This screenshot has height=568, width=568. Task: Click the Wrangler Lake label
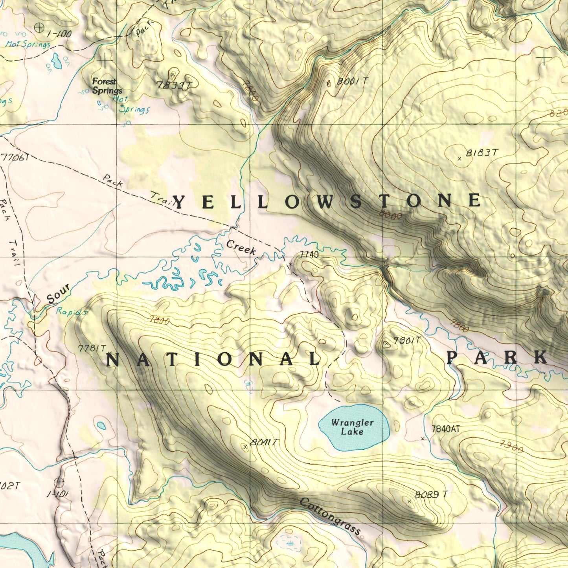pyautogui.click(x=352, y=427)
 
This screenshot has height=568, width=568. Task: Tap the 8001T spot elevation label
pyautogui.click(x=353, y=81)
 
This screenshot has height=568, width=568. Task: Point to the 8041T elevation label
pyautogui.click(x=264, y=443)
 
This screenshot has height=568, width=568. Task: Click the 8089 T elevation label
pyautogui.click(x=431, y=494)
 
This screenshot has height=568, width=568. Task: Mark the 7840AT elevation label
pyautogui.click(x=445, y=429)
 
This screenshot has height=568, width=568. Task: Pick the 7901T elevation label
pyautogui.click(x=407, y=341)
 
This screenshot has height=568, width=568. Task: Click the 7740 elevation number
pyautogui.click(x=309, y=255)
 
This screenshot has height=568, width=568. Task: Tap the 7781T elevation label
pyautogui.click(x=92, y=348)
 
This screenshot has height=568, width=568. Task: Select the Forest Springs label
pyautogui.click(x=107, y=86)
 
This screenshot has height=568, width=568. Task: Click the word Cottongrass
pyautogui.click(x=330, y=517)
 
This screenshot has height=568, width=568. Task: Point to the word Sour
pyautogui.click(x=59, y=294)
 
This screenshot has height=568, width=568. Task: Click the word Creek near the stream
pyautogui.click(x=241, y=248)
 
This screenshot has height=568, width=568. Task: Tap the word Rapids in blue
pyautogui.click(x=71, y=312)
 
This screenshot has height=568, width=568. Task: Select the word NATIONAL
pyautogui.click(x=213, y=359)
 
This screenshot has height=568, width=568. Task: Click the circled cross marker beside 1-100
pyautogui.click(x=39, y=28)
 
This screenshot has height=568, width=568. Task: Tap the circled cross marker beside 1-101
pyautogui.click(x=59, y=482)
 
